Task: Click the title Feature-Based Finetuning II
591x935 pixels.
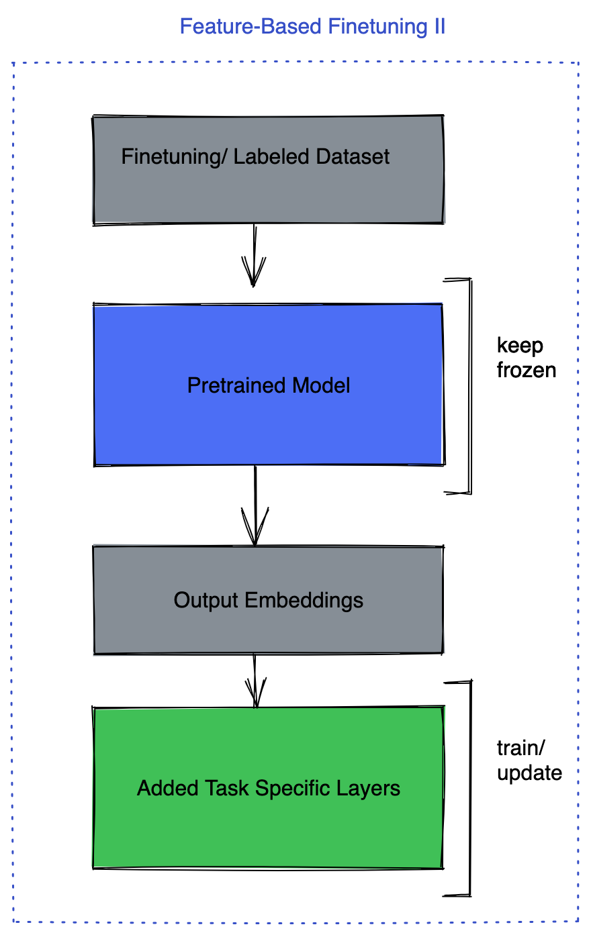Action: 312,27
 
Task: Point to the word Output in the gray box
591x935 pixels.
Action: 206,599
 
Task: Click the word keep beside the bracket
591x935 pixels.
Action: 520,346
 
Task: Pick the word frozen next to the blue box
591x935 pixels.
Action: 526,370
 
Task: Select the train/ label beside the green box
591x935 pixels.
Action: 520,748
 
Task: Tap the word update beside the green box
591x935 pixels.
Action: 529,773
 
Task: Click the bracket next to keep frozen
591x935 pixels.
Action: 469,386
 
